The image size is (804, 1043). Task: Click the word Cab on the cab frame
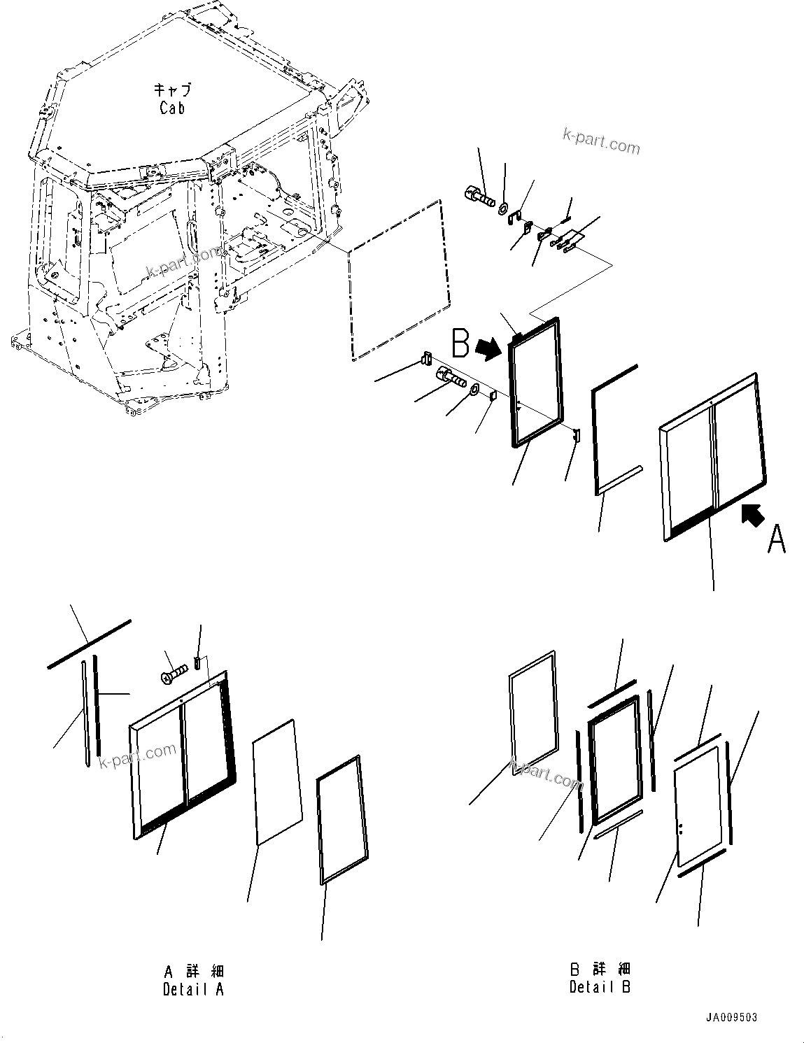point(171,108)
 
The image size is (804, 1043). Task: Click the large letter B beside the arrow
point(460,344)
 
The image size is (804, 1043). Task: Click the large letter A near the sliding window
point(776,540)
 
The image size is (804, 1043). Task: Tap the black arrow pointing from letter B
point(488,348)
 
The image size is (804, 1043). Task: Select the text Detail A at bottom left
point(193,988)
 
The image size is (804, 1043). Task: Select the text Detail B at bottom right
point(600,987)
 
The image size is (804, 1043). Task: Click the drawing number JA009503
point(731,1017)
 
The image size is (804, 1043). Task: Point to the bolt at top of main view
point(479,194)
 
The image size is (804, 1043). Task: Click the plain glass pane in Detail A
point(277,782)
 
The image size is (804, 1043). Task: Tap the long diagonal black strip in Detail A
point(89,644)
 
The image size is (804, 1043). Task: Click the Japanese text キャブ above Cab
point(171,90)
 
